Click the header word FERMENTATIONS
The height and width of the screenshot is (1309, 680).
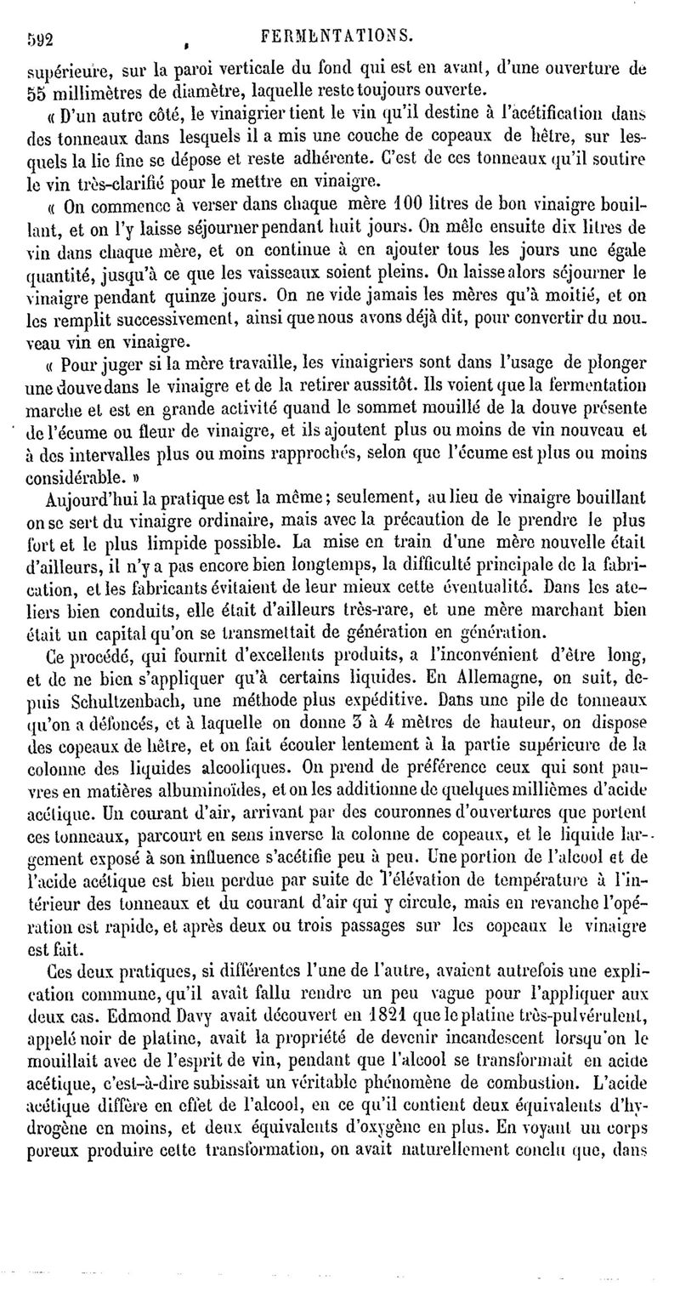337,36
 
